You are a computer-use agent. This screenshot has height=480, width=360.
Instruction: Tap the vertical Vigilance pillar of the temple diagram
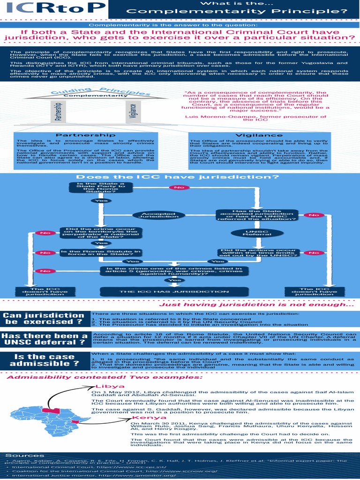coord(133,112)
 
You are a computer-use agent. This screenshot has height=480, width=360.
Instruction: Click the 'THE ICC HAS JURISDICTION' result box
coord(174,292)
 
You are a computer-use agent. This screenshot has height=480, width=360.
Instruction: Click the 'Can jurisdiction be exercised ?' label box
coord(45,319)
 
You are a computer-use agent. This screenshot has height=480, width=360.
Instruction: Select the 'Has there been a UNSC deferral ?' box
coord(45,339)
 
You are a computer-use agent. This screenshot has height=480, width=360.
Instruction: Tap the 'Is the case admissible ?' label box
coord(45,360)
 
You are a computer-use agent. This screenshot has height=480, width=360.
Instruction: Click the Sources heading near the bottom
coord(18,456)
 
